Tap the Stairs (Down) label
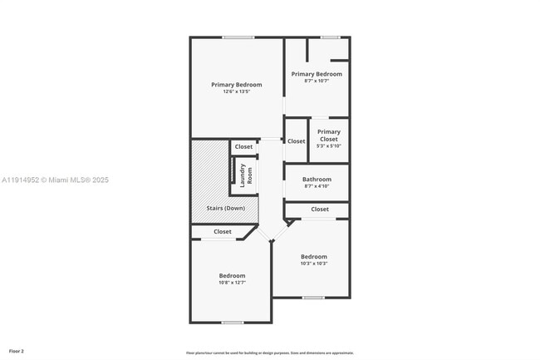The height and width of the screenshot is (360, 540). click(x=225, y=208)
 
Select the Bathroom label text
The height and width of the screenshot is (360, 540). click(x=317, y=180)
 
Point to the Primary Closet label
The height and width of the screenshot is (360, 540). click(x=329, y=135)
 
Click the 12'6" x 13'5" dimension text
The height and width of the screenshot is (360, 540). click(x=236, y=91)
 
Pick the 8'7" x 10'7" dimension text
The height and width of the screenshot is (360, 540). click(x=317, y=81)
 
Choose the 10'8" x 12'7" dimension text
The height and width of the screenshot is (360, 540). click(x=232, y=283)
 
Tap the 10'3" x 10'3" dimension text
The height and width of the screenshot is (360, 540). click(x=314, y=264)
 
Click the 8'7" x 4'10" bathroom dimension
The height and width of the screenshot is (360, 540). click(x=317, y=186)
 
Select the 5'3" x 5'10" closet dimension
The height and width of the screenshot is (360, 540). click(x=329, y=146)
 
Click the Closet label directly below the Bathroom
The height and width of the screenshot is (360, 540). click(x=320, y=210)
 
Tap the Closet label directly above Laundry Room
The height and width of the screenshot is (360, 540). click(x=243, y=147)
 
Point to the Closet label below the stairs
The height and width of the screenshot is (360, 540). click(x=223, y=232)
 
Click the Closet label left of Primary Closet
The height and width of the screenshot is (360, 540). click(x=297, y=141)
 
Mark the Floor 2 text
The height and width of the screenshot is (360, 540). click(x=17, y=352)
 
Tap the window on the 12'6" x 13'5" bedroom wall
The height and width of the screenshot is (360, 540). click(x=238, y=37)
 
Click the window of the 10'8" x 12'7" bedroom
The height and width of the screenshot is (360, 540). click(x=233, y=323)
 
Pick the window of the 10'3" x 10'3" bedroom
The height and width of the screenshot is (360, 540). click(x=313, y=298)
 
